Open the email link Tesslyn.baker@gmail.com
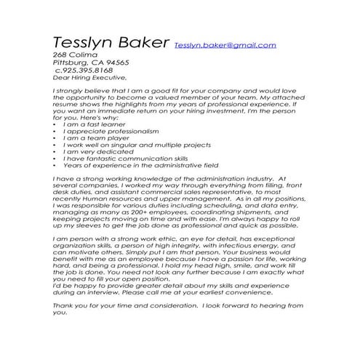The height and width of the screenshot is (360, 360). click(225, 45)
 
